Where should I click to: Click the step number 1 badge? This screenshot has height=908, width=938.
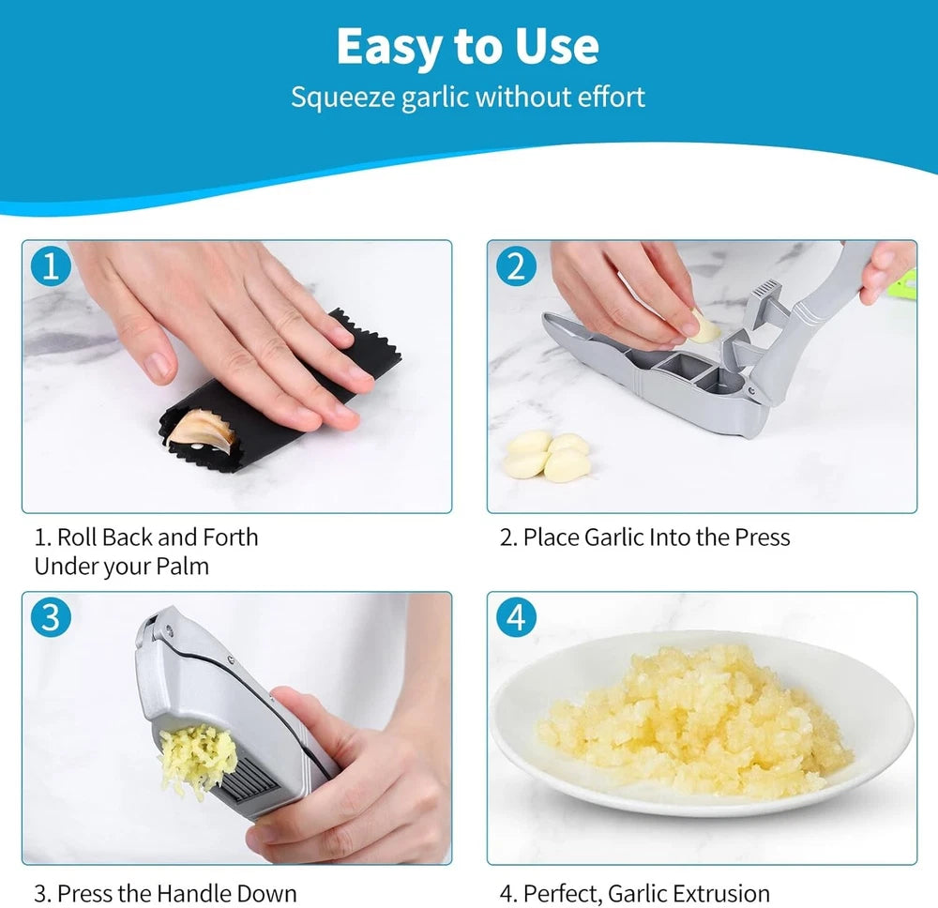[x=51, y=266]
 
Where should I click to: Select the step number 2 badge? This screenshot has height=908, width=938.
[x=515, y=266]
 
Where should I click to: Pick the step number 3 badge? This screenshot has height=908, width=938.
[x=51, y=617]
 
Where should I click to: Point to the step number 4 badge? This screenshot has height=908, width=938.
[x=515, y=617]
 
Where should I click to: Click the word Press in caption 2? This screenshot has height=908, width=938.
[x=761, y=537]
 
